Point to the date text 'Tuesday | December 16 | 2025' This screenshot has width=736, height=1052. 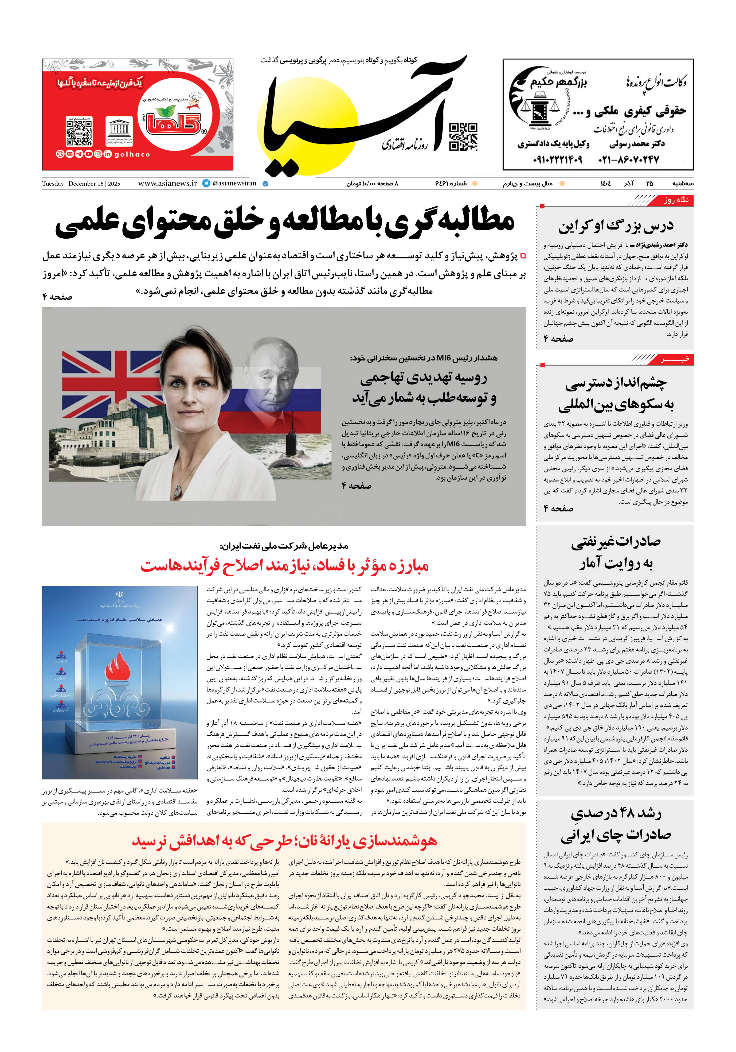pyautogui.click(x=81, y=184)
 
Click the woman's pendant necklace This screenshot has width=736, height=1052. pyautogui.click(x=178, y=489)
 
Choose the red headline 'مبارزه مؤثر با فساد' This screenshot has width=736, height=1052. pyautogui.click(x=284, y=566)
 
